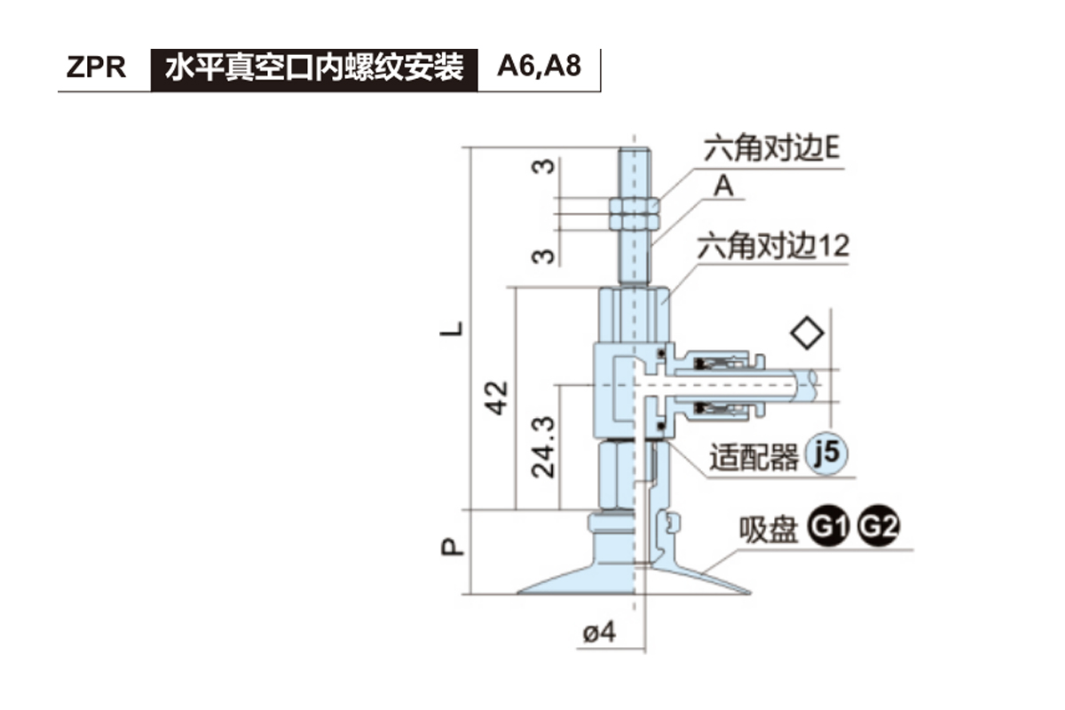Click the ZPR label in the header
(96, 68)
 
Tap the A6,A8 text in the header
(540, 68)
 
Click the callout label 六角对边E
(771, 148)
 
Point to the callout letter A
(724, 187)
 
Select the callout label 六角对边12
(772, 246)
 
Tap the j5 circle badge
(826, 454)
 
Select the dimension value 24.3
(543, 448)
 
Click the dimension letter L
(454, 329)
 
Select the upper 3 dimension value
(547, 166)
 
